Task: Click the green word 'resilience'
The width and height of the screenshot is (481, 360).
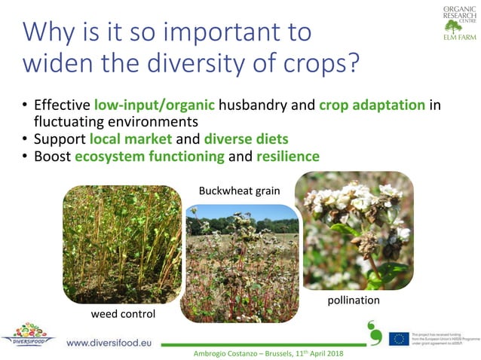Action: (x=287, y=157)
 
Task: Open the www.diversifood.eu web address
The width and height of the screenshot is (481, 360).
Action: (x=109, y=343)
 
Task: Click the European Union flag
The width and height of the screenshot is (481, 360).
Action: (x=399, y=339)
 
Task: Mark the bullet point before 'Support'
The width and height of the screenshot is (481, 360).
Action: (x=25, y=140)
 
